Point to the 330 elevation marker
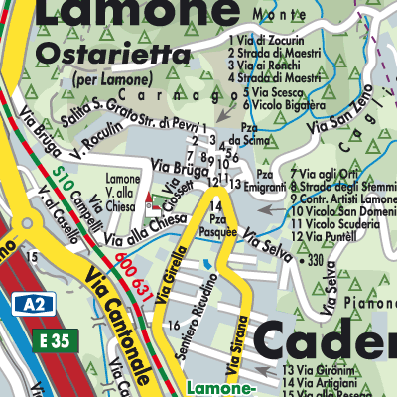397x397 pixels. pos(314,260)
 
